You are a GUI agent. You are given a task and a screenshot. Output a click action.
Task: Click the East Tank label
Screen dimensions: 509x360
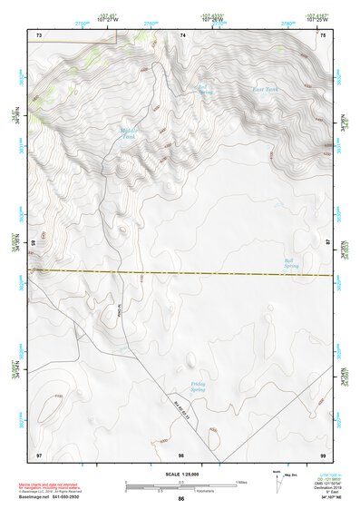(266, 91)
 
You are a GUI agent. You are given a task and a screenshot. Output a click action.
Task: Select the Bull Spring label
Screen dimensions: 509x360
(290, 264)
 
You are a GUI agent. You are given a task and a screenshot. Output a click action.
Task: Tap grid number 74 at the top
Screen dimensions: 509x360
(183, 34)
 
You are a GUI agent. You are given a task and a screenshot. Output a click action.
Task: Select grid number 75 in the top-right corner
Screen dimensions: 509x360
(323, 34)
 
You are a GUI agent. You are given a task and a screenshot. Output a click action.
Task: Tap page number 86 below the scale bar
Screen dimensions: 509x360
(180, 499)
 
